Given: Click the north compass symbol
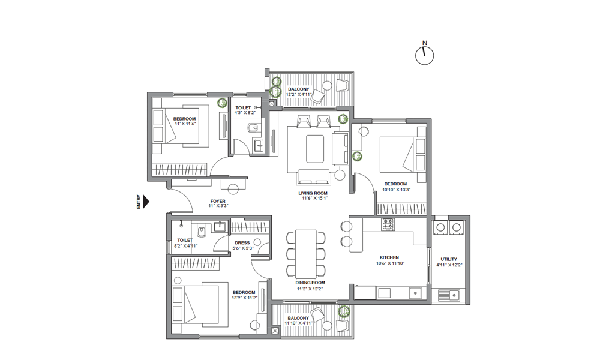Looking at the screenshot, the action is click(424, 55).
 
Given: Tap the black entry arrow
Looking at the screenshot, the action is click(146, 202).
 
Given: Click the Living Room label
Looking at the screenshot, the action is click(313, 193).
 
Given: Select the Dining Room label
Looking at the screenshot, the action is click(310, 283).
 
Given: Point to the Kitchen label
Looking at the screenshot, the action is click(389, 257).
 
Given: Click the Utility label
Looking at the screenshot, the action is click(448, 259).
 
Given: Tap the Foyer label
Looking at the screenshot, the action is click(218, 201).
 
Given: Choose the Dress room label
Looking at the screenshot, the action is click(242, 242).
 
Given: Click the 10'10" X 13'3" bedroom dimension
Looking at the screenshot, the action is click(397, 190).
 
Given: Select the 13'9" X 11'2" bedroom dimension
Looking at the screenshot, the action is click(245, 298).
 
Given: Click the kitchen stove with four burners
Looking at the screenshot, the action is click(387, 224).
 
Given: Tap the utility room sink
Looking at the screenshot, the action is click(448, 295).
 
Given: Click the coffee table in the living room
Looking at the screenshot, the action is click(315, 149).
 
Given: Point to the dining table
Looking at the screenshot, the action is click(306, 254).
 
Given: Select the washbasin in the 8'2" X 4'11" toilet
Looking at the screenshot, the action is click(220, 226).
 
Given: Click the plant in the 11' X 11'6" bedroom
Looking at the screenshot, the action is click(221, 103).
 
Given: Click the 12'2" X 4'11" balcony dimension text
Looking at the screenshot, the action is click(299, 94).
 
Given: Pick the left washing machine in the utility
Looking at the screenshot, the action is click(440, 227).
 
